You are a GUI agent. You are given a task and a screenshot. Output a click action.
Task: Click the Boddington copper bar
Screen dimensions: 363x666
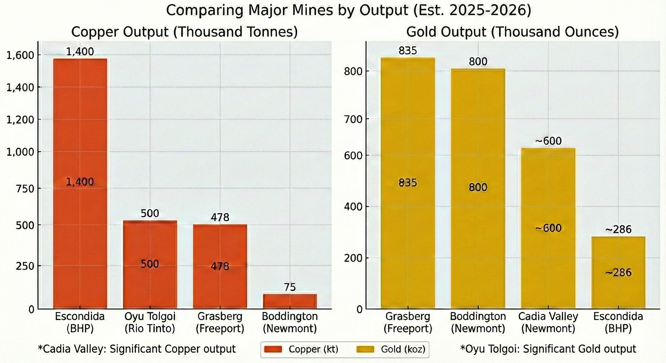click(x=290, y=301)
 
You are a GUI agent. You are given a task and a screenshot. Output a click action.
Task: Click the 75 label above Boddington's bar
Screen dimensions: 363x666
click(x=289, y=287)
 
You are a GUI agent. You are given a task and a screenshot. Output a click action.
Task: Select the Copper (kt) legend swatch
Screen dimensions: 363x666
click(x=273, y=349)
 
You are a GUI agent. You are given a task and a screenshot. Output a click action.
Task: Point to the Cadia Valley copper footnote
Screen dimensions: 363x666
click(x=137, y=349)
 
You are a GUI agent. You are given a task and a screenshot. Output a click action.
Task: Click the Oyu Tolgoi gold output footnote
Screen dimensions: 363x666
click(x=548, y=349)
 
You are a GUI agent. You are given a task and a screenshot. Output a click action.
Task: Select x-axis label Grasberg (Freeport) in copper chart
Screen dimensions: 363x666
click(x=220, y=322)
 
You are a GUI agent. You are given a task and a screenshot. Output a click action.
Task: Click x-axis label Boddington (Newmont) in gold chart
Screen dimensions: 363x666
click(x=478, y=322)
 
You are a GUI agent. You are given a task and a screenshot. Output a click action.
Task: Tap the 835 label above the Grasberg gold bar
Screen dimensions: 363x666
click(x=408, y=51)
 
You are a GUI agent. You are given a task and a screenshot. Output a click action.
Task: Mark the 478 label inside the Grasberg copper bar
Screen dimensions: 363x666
click(x=220, y=266)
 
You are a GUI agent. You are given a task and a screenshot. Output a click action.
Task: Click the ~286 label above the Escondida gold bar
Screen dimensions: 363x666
click(x=618, y=229)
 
